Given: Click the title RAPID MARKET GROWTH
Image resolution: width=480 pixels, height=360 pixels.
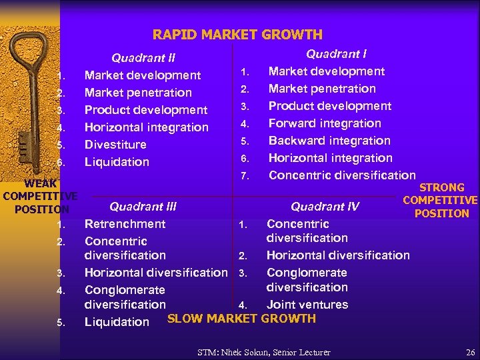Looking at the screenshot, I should pos(237,35).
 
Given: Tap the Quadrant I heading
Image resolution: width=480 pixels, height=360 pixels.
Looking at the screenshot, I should pos(336,54).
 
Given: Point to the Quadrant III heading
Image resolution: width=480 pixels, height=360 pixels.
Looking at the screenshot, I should pos(143,207).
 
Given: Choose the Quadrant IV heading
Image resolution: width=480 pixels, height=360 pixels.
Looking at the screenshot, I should pos(325,207).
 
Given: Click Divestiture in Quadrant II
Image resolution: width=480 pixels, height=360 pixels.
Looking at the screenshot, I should pos(115,145).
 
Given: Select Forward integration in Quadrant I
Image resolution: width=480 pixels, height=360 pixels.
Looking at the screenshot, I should pos(325,123).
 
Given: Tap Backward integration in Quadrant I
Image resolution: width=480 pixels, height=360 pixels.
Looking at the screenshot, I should pos(329,141).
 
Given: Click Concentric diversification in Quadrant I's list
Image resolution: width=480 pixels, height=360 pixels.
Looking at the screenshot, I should pos(342,175).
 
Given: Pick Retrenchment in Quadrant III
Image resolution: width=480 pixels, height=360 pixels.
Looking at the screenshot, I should pos(125,224).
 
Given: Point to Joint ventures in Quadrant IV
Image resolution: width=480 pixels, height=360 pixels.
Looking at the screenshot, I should pos(307,305).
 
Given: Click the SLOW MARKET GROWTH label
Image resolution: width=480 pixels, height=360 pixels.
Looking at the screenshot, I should pos(241,319).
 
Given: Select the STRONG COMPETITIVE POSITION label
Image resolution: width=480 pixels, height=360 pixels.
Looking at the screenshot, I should pos(441,200).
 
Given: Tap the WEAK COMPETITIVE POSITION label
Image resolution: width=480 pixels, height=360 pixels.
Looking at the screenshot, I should pos(41,195).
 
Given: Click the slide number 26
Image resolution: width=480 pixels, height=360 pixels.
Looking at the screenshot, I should pos(471,352).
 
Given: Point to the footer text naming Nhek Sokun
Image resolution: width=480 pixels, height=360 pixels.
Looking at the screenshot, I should pos(264,352).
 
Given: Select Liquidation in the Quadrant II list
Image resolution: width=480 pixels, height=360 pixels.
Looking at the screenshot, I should pos(117,162).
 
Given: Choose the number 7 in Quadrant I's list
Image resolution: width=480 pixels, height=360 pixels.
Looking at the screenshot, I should pos(245,176).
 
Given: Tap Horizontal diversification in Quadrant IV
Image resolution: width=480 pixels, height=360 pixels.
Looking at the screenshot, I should pos(338,255).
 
